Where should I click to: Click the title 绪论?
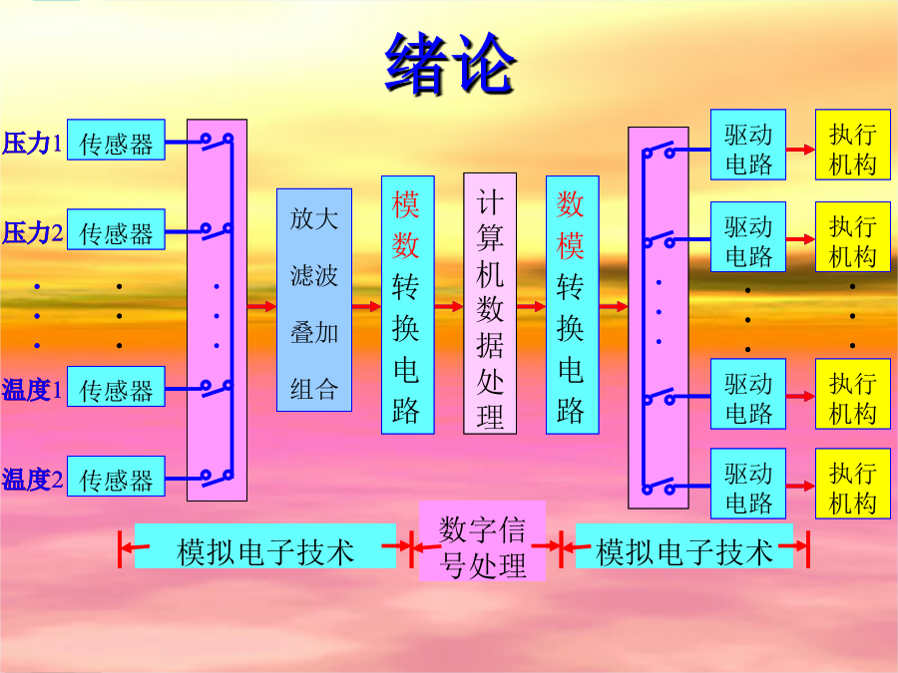450,64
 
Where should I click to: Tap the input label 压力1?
32,143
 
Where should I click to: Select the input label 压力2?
32,233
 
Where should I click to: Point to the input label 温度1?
32,390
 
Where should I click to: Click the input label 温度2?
32,480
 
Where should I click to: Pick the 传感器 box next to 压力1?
117,140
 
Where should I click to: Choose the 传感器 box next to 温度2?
117,477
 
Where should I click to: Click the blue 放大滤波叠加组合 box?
314,300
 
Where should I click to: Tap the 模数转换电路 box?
408,304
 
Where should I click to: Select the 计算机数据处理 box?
490,303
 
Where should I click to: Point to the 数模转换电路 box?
573,304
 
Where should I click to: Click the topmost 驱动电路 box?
748,145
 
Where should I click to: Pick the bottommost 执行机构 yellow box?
853,484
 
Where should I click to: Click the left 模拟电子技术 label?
265,546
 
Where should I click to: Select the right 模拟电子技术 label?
684,546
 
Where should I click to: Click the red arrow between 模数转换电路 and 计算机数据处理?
449,307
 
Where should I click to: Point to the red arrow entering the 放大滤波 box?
261,307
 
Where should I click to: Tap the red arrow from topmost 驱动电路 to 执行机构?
800,150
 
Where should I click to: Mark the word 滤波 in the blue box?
314,275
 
